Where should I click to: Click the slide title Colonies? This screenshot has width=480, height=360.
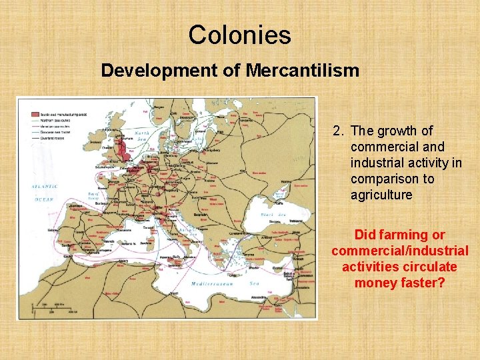point(239,35)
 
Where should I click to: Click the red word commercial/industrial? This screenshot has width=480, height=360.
point(399,251)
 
